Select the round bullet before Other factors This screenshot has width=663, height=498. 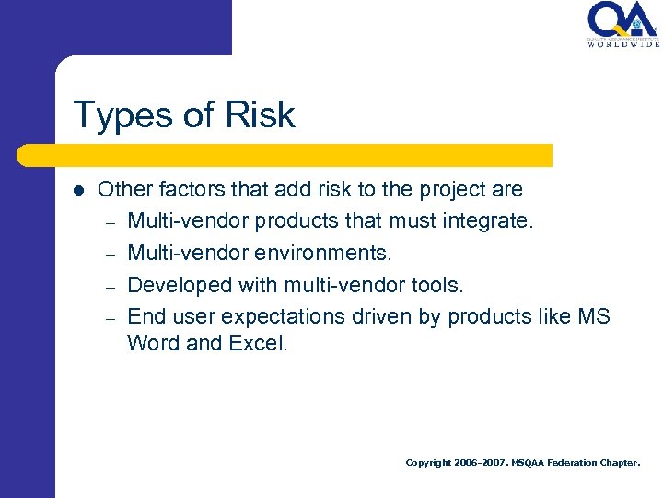click(78, 191)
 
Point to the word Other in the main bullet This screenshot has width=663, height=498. click(124, 190)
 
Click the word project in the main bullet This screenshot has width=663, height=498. click(446, 190)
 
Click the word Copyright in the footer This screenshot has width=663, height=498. click(428, 462)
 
